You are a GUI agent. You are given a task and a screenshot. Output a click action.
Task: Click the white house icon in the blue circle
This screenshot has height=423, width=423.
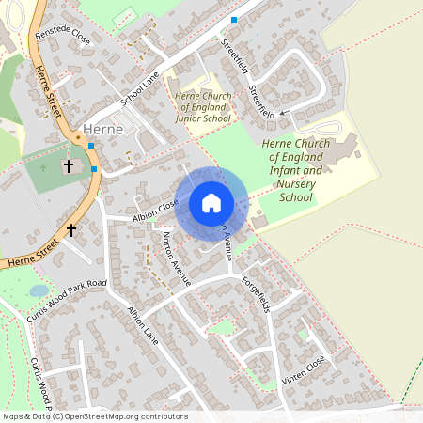(x=211, y=202)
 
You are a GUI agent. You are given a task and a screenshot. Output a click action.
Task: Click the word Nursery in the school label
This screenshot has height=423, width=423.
(x=295, y=185)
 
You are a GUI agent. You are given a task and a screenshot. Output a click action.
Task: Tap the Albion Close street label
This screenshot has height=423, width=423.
(x=155, y=208)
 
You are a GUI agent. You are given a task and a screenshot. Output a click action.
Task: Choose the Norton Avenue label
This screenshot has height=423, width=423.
(x=176, y=258)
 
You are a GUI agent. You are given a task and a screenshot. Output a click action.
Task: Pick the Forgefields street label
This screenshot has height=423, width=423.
(x=255, y=294)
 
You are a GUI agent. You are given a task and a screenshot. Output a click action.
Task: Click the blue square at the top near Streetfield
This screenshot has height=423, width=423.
(x=234, y=19)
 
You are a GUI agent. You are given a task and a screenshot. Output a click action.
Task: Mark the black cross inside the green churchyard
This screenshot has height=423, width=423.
(x=68, y=167)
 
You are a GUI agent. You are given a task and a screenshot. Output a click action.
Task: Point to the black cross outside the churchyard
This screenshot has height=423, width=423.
(x=70, y=229)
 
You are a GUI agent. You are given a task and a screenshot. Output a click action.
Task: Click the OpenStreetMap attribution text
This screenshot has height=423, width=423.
(x=94, y=416)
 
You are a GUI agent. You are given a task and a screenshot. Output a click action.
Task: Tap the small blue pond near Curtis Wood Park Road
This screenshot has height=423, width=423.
(x=38, y=290)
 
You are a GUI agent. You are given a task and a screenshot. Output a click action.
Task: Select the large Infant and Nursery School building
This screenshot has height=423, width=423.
(x=340, y=146)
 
